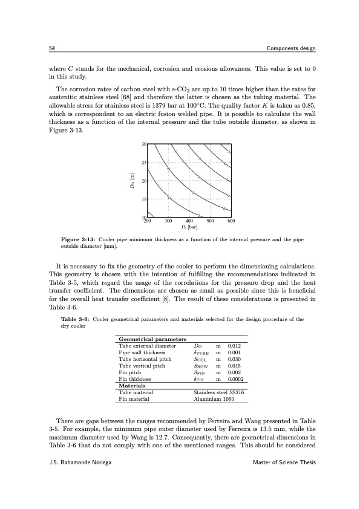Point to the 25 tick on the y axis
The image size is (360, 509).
click(x=144, y=163)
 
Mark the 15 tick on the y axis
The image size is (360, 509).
click(x=144, y=199)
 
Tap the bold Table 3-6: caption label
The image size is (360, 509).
click(x=76, y=319)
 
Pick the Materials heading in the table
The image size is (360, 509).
click(x=133, y=385)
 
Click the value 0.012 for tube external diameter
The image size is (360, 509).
click(x=235, y=346)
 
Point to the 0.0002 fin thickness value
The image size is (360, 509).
click(x=237, y=379)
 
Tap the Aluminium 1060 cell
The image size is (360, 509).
click(x=207, y=398)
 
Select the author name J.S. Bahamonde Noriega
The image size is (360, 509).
click(x=80, y=462)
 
